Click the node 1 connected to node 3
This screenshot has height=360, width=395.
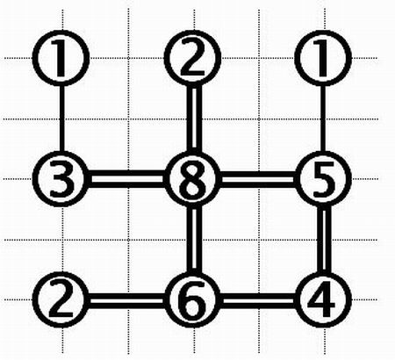pos(61,58)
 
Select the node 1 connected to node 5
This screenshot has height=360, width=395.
pos(323,58)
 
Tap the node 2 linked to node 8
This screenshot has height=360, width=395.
pos(192,58)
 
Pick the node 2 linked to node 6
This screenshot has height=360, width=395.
pos(61,299)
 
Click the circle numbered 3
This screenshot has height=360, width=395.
pos(61,178)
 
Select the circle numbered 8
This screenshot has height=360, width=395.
pos(192,178)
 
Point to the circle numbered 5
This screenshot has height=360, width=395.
pos(323,178)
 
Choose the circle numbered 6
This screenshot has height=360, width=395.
pos(192,299)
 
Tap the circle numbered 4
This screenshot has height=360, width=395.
pos(323,299)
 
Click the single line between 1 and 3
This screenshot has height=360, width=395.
pos(61,119)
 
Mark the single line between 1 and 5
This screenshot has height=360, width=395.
pos(323,119)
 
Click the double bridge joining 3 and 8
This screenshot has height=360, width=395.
pos(126,178)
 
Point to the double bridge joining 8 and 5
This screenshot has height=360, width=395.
pos(257,178)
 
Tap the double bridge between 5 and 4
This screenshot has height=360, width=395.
pos(326,239)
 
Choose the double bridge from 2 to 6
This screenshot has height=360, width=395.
pos(126,301)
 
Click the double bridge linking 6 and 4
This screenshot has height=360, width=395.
pos(257,301)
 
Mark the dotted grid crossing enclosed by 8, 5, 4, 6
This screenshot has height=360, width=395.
pos(259,240)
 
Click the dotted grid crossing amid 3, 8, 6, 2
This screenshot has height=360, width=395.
pos(128,240)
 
